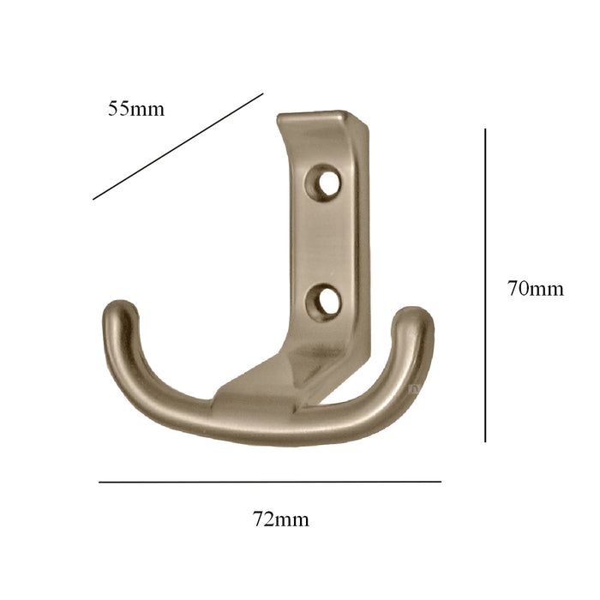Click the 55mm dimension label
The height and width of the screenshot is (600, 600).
(135, 109)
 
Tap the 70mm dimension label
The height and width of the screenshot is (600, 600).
(535, 289)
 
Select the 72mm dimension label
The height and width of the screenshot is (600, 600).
(281, 519)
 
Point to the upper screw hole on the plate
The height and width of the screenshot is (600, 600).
(326, 181)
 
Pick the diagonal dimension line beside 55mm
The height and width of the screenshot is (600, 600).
(177, 147)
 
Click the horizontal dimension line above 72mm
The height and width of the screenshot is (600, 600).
(270, 482)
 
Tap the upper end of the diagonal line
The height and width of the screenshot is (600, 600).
(262, 94)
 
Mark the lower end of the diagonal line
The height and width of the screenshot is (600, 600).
(93, 200)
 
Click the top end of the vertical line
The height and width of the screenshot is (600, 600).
(485, 129)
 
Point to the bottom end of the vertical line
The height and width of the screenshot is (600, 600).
(485, 441)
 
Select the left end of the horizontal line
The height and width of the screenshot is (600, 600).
(99, 482)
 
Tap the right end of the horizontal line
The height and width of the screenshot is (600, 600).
(441, 482)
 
